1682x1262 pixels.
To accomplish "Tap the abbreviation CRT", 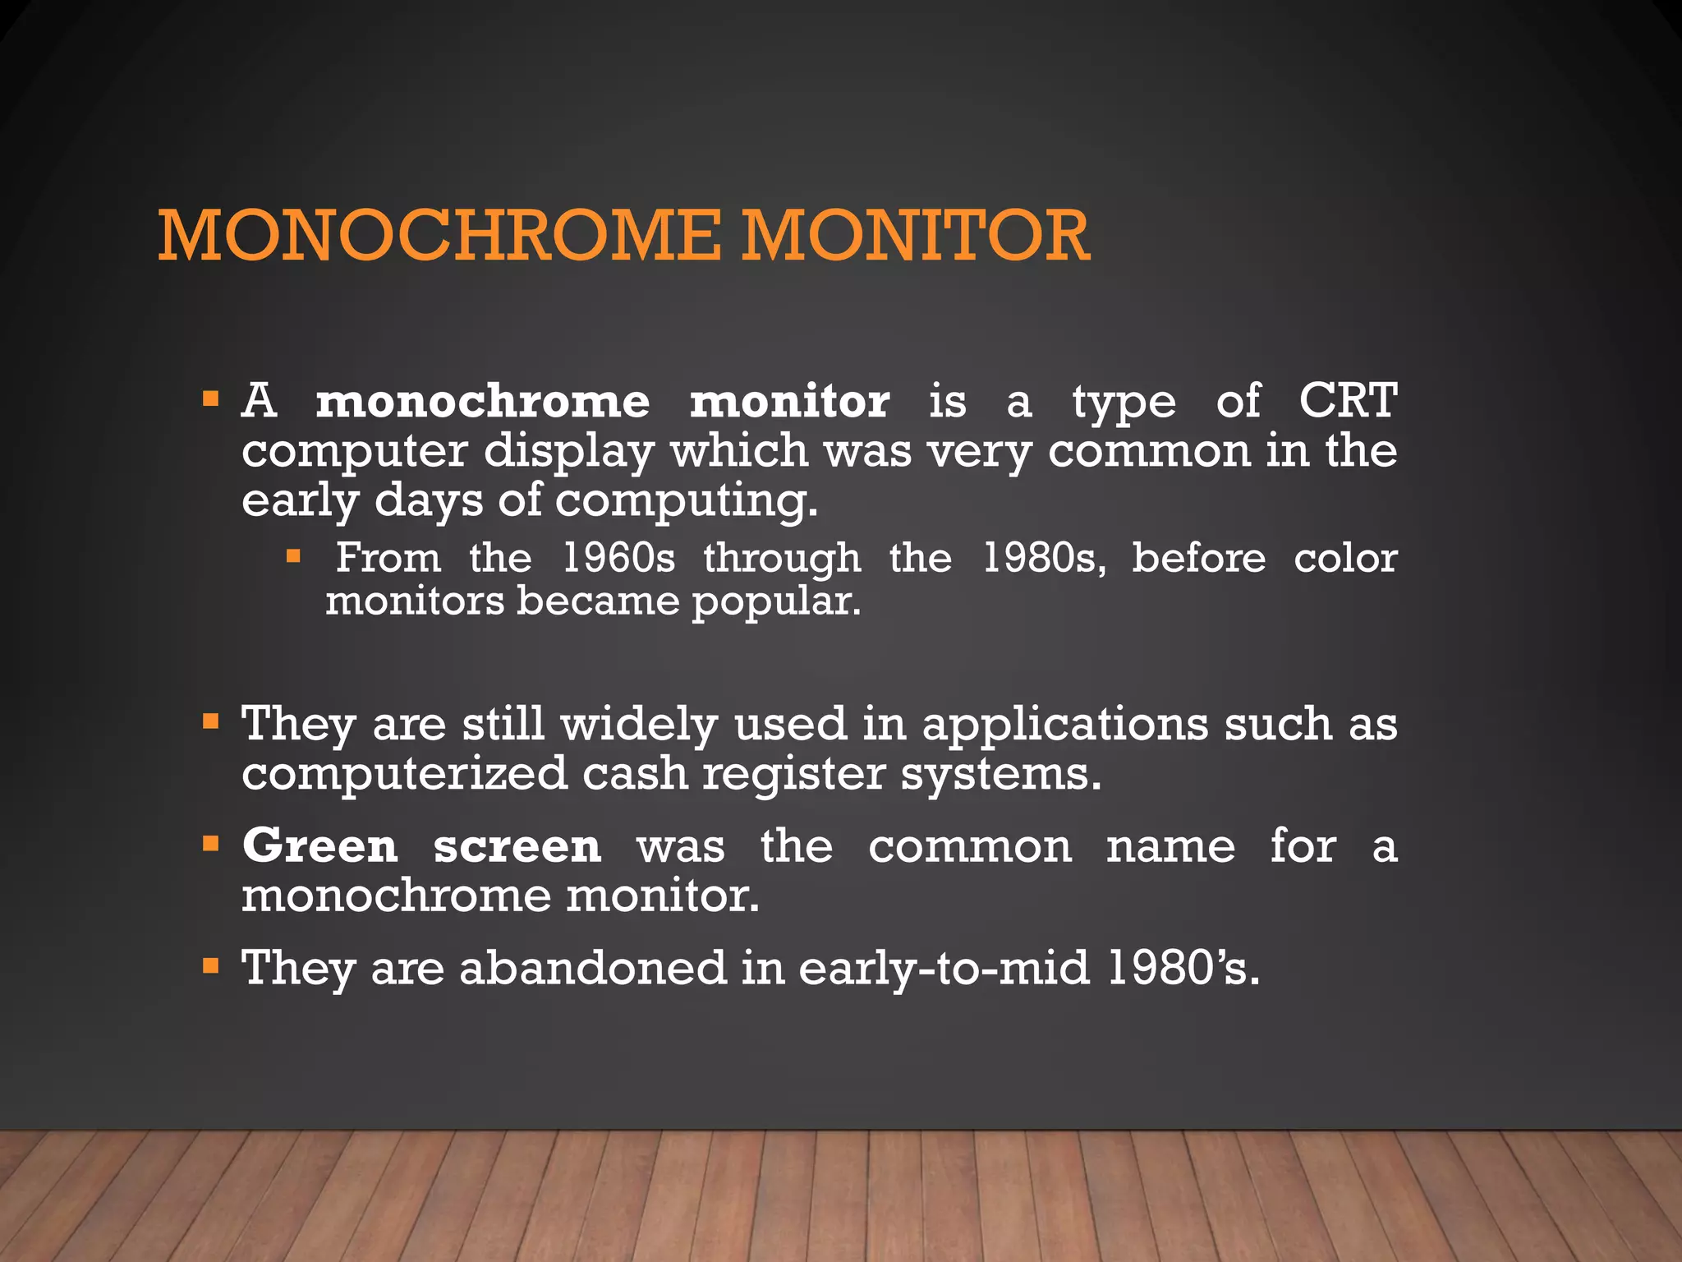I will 1347,401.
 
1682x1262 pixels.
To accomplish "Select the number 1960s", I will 618,558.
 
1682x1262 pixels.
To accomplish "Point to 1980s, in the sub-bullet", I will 1044,558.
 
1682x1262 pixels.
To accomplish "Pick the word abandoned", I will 592,968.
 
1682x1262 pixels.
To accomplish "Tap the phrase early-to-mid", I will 944,968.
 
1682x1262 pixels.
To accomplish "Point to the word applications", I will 1065,725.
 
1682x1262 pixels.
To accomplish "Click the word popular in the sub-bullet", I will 775,602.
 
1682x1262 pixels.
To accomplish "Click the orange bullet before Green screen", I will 211,843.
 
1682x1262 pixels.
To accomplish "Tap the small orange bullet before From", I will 293,557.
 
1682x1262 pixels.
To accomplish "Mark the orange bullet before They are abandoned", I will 211,965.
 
